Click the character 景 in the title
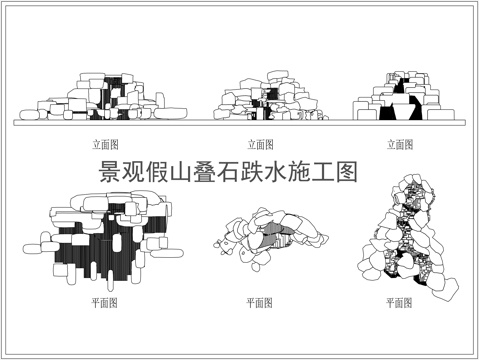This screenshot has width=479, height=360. coord(111,173)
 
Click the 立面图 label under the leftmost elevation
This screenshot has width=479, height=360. coord(104,144)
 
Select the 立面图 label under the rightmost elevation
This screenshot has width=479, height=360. coord(402,144)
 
